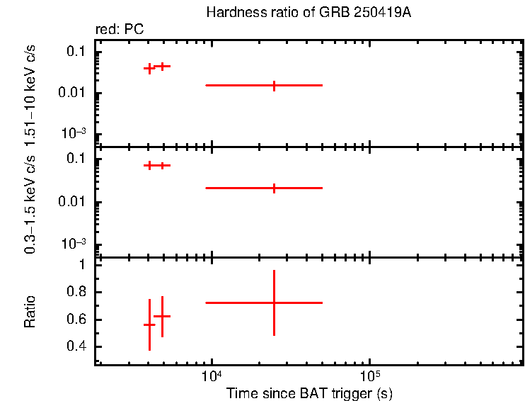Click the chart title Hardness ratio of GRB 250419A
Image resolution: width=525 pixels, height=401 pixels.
[308, 13]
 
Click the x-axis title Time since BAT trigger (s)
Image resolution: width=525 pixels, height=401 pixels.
[308, 392]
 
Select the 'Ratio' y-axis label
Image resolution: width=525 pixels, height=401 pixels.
[30, 312]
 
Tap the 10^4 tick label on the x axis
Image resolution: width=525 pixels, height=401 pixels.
[212, 374]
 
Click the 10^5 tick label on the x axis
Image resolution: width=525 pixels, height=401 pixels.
[369, 374]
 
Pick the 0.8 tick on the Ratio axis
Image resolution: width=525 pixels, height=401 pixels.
[76, 292]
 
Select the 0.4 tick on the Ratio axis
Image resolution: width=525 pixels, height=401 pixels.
[76, 346]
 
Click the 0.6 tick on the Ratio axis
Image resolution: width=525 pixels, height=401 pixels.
[76, 320]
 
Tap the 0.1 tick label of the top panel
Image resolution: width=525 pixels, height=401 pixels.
[76, 52]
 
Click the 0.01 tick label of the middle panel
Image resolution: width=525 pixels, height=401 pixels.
[71, 203]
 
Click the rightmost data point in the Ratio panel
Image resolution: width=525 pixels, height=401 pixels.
[274, 303]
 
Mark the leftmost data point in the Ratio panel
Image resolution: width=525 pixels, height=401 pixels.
[149, 324]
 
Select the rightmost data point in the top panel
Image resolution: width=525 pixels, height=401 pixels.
[274, 85]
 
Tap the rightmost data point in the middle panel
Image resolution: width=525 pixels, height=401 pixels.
[274, 188]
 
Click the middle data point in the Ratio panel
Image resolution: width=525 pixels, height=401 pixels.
[162, 316]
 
